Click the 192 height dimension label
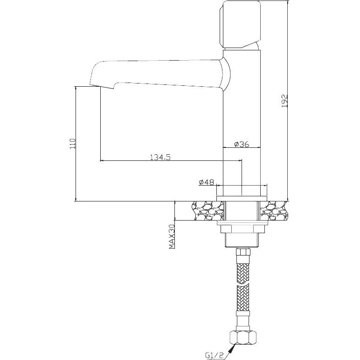pos(284,101)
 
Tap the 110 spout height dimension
pos(73,144)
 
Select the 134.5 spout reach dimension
pos(160,157)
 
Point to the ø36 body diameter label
pos(242,144)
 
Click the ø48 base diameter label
pos(207,182)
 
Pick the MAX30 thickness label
pos(172,237)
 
